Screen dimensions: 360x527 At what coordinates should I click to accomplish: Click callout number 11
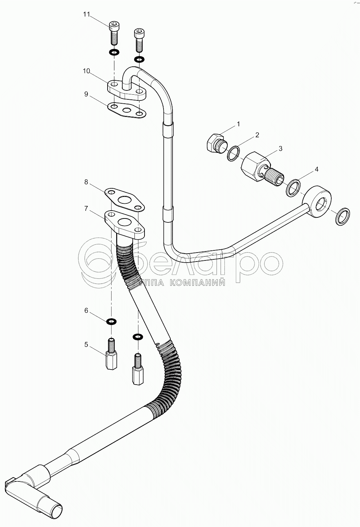tap(86, 14)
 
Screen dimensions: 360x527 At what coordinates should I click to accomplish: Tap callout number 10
tap(86, 71)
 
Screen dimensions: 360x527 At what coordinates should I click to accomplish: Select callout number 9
tap(86, 94)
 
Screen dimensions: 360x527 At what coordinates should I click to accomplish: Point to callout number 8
tap(86, 182)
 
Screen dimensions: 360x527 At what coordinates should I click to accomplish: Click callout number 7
tap(86, 208)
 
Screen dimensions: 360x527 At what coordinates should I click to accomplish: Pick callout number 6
tap(86, 310)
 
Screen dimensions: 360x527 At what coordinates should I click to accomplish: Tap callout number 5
tap(86, 345)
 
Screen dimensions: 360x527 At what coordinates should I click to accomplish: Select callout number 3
tap(280, 148)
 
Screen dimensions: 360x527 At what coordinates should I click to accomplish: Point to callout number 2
tap(257, 135)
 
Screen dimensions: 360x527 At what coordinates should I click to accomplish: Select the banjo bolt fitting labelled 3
tap(262, 168)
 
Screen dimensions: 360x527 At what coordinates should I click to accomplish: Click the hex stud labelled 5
tap(112, 355)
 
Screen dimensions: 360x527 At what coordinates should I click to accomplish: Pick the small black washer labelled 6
tap(112, 321)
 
